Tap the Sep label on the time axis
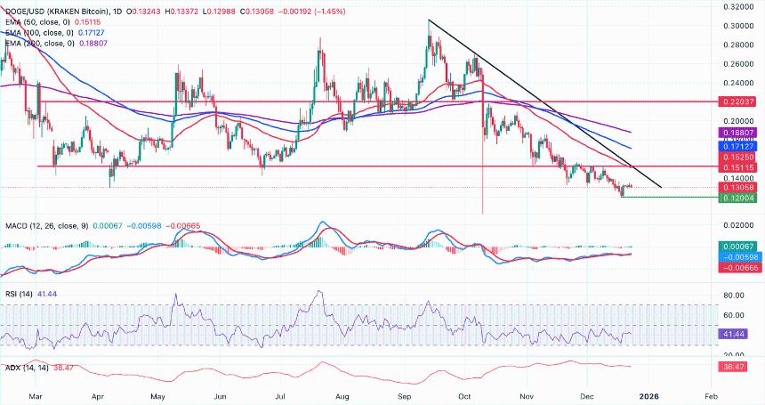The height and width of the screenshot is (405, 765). coord(405,394)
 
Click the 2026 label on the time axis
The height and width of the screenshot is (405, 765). coord(649,394)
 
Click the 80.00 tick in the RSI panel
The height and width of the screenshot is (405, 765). coord(736,295)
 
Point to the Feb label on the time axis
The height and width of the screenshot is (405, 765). coord(711,394)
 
